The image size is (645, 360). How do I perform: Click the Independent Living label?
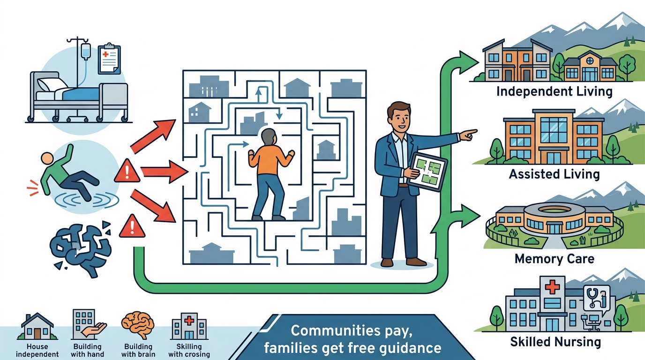coord(554,91)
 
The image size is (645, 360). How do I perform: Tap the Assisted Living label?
coord(554,174)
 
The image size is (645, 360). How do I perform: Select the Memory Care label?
coord(554,259)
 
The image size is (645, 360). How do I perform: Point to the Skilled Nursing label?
coord(555,342)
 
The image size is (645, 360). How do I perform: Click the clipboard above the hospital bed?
coord(109,59)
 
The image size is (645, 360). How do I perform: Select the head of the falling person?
coord(47,159)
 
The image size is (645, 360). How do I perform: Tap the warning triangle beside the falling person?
coord(127,171)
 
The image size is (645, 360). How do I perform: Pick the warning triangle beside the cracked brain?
coord(132,226)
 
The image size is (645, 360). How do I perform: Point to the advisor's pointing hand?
coord(468,135)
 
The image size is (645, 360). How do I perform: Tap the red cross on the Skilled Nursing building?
coord(552,287)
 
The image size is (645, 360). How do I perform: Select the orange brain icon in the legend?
coord(138,324)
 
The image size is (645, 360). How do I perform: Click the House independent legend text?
coord(37,350)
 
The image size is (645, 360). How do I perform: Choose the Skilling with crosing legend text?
coord(189,350)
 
